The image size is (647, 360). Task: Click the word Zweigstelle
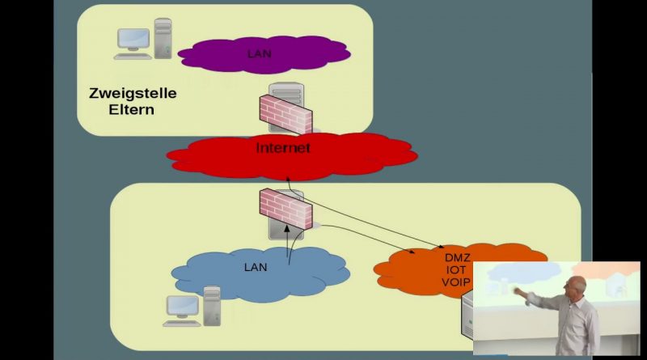[x=133, y=94]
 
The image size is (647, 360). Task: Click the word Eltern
[x=131, y=110]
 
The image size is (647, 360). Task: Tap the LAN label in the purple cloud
[x=259, y=53]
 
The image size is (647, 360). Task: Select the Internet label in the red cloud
[x=283, y=148]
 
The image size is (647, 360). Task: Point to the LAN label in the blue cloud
[x=256, y=267]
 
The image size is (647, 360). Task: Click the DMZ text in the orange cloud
[x=457, y=258]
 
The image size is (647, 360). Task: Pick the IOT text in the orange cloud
[x=456, y=270]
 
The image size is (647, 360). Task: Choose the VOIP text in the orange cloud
[x=456, y=282]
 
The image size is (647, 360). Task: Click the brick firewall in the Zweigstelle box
[x=285, y=113]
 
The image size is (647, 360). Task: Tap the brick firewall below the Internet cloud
[x=285, y=208]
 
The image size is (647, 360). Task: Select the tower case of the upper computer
[x=163, y=38]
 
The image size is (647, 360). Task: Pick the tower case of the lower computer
[x=212, y=306]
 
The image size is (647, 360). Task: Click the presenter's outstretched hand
[x=518, y=290]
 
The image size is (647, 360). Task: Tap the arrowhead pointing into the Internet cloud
[x=288, y=177]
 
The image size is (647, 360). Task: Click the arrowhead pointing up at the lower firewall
[x=288, y=228]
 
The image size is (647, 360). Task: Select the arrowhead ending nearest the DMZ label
[x=441, y=247]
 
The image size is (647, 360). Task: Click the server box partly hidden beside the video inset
[x=467, y=315]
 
